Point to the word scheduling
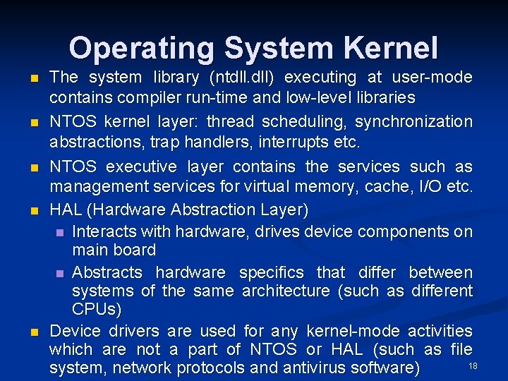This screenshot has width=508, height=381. (310, 121)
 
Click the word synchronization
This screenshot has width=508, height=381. (413, 121)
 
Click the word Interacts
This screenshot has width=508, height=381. (104, 231)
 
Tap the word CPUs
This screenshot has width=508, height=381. (97, 309)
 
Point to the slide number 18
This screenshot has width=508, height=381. (473, 364)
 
